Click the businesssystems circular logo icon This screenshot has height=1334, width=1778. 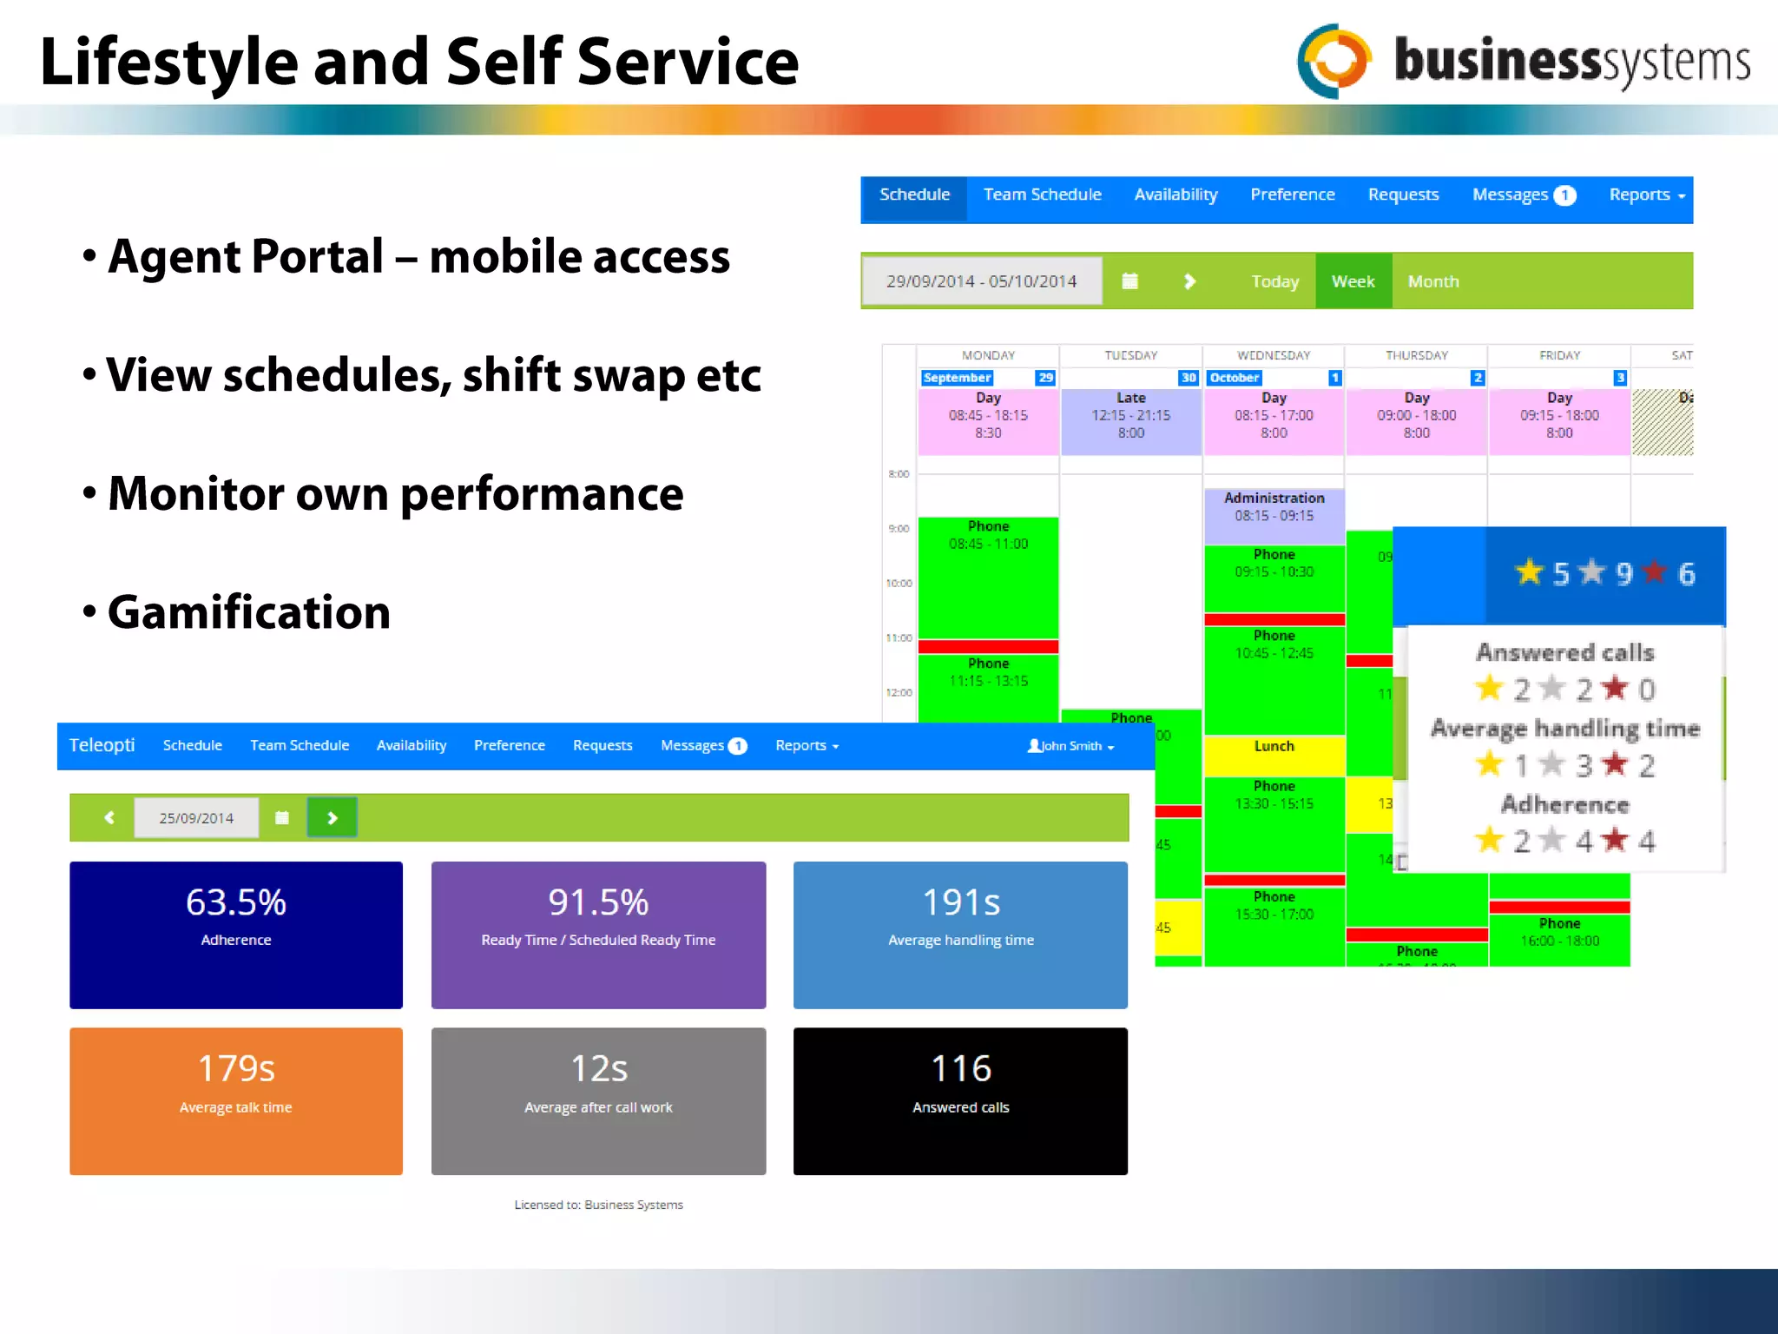pos(1334,61)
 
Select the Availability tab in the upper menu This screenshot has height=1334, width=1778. pos(1175,195)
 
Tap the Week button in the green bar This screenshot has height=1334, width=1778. pos(1353,281)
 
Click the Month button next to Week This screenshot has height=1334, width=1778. pos(1432,281)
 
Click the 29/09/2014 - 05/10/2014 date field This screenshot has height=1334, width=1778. pos(981,281)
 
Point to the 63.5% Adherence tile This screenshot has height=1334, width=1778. pos(236,934)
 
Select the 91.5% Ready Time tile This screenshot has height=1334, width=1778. pos(598,934)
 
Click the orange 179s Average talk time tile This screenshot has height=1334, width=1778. pos(236,1100)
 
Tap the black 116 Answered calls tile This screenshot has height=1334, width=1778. pos(960,1100)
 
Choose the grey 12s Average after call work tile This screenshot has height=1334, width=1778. pos(598,1100)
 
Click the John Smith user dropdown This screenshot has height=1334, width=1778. pos(1070,746)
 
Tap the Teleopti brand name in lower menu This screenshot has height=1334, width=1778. pos(102,745)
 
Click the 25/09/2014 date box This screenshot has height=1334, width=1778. pos(196,818)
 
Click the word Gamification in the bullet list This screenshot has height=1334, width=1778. pos(249,612)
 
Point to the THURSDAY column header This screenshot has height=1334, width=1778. pos(1416,355)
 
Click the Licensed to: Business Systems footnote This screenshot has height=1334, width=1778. pos(598,1205)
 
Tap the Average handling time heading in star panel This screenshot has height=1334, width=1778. pos(1564,728)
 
